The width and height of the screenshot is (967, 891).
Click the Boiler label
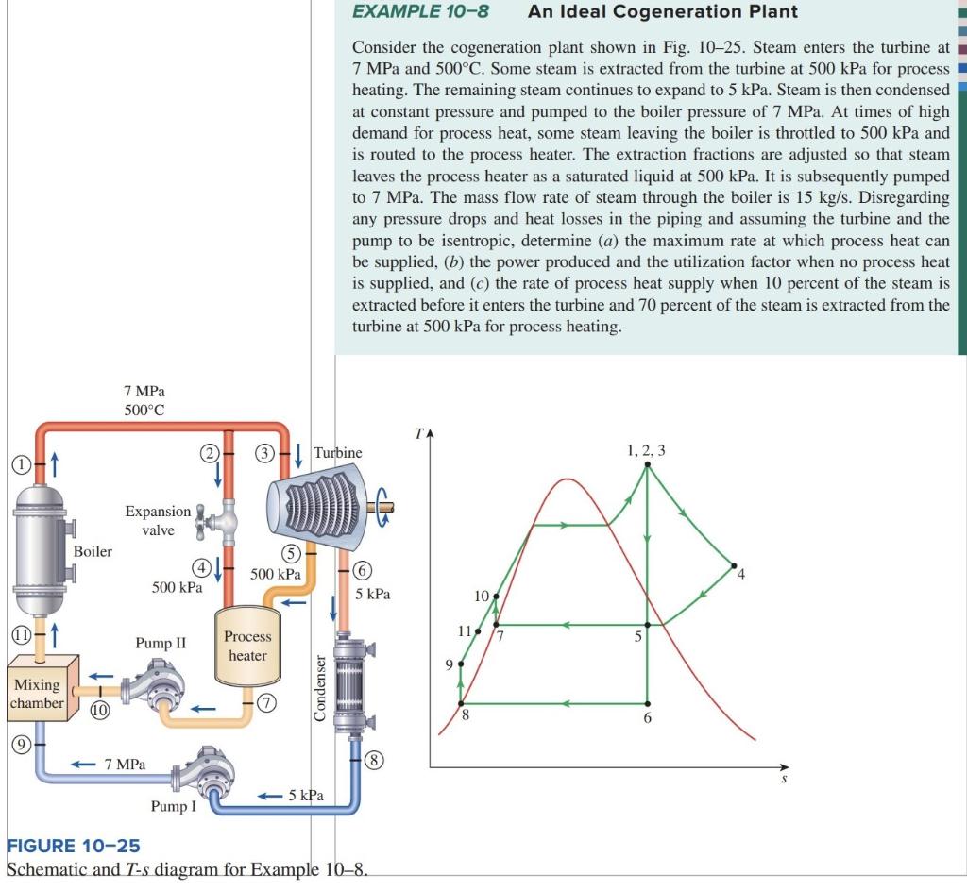tap(93, 551)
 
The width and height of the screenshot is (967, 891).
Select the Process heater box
tap(247, 646)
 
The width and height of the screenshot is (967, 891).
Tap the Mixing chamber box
tap(37, 694)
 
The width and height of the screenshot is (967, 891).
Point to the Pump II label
tap(161, 644)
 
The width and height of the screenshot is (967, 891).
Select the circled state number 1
tap(19, 463)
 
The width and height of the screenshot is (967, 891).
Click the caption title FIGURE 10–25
tap(73, 844)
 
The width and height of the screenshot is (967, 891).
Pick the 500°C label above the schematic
tap(146, 409)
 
